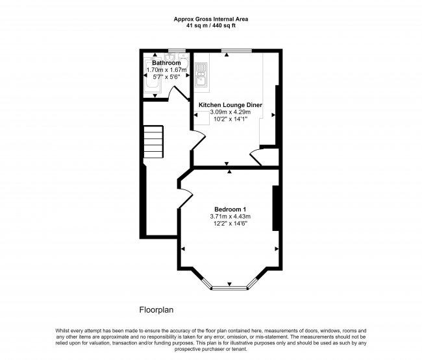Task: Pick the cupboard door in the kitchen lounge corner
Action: click(x=254, y=156)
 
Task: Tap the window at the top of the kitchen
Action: click(x=236, y=50)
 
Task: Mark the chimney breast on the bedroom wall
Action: click(x=277, y=208)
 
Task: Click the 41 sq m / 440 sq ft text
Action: click(x=210, y=26)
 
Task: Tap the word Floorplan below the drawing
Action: click(x=156, y=310)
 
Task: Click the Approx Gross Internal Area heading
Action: click(x=210, y=19)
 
